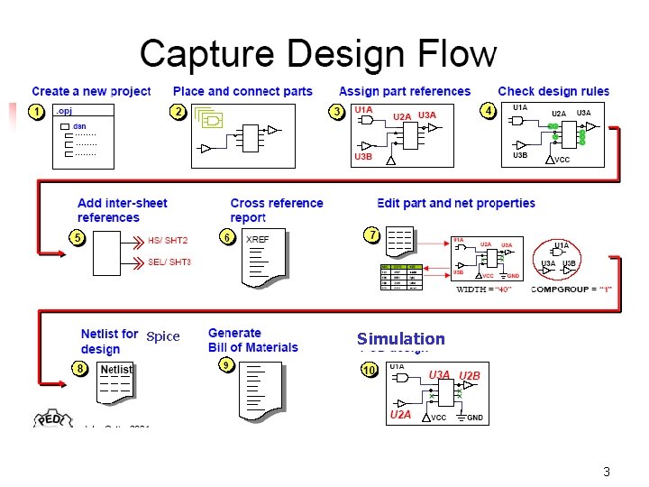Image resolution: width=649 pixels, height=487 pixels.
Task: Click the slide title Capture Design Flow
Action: [x=318, y=53]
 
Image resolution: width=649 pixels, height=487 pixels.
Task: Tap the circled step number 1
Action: [x=37, y=111]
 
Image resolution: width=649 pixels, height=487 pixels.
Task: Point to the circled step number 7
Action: [x=371, y=234]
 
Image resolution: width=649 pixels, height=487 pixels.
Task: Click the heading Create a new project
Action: [x=91, y=91]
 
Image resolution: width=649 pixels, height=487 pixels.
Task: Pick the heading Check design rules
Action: [x=553, y=91]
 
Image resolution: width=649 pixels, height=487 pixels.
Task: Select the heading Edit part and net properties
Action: [x=456, y=203]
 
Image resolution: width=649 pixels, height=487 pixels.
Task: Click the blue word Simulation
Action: [x=401, y=339]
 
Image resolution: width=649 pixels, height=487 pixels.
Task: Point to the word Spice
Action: [x=163, y=336]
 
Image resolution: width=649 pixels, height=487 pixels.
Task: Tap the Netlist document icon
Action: [x=115, y=381]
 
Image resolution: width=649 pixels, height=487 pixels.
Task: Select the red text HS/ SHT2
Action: [x=168, y=241]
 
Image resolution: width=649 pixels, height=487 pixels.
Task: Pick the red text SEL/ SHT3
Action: [x=169, y=262]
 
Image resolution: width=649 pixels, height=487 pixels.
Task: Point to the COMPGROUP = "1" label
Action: [x=571, y=289]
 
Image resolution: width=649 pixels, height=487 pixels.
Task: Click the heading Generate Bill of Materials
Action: [x=253, y=340]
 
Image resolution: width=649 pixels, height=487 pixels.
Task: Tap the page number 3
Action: [x=607, y=473]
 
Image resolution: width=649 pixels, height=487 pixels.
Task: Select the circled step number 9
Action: [x=226, y=364]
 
